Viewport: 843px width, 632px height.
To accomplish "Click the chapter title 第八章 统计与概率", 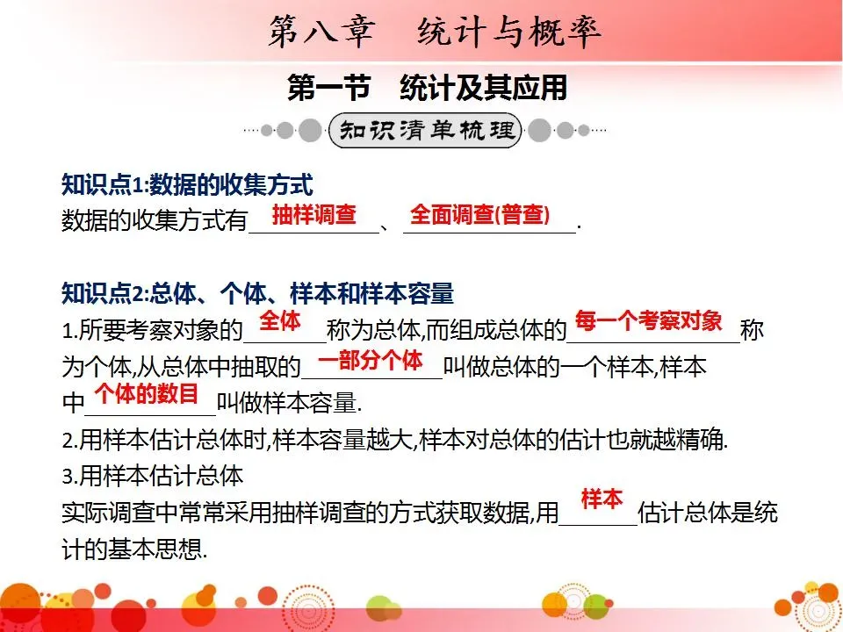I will pyautogui.click(x=435, y=32).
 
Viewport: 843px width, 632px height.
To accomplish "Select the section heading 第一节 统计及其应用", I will pyautogui.click(x=428, y=89).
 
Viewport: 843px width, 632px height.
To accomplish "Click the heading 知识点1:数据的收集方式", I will pyautogui.click(x=187, y=185).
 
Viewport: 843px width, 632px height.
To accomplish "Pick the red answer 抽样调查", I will pyautogui.click(x=313, y=215).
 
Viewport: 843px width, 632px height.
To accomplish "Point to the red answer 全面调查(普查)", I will pyautogui.click(x=479, y=215).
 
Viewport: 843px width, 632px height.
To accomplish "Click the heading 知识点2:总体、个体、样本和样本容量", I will pyautogui.click(x=257, y=292).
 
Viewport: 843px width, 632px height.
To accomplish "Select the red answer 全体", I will pyautogui.click(x=280, y=320).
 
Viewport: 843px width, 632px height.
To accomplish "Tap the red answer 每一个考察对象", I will pyautogui.click(x=648, y=320).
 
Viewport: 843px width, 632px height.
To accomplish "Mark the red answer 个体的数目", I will pyautogui.click(x=147, y=392).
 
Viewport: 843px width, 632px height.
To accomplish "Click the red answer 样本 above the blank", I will pyautogui.click(x=602, y=499).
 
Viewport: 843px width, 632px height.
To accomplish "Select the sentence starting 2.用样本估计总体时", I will pyautogui.click(x=394, y=440).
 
